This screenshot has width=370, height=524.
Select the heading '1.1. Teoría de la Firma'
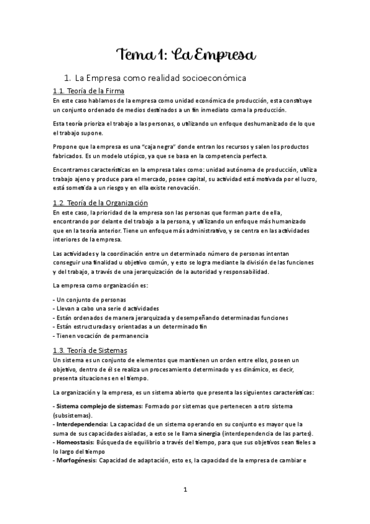pos(88,91)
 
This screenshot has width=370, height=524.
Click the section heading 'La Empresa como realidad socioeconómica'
pos(160,78)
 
